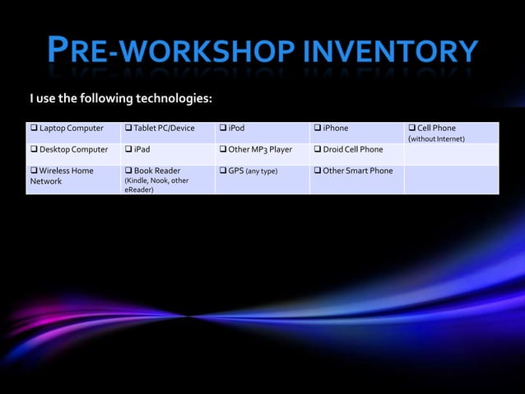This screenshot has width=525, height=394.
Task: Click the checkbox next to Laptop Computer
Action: coord(34,129)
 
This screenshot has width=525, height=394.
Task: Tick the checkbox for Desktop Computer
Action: coord(34,150)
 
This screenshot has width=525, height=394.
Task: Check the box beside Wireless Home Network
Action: coord(34,171)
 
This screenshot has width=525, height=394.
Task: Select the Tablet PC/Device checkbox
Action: coord(128,129)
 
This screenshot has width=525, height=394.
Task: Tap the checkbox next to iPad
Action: coord(128,150)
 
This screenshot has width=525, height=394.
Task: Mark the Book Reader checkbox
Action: coord(128,171)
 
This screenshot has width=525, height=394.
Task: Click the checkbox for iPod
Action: coord(223,129)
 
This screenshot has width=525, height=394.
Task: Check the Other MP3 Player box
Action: coord(223,150)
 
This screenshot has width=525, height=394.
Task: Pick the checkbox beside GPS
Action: coord(223,171)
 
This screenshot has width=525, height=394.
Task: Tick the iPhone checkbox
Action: coord(318,129)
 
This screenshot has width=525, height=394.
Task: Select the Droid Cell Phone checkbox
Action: coord(318,150)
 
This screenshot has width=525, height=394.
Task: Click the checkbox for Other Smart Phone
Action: coord(318,171)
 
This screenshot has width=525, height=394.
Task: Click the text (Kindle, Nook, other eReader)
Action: coord(156,185)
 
